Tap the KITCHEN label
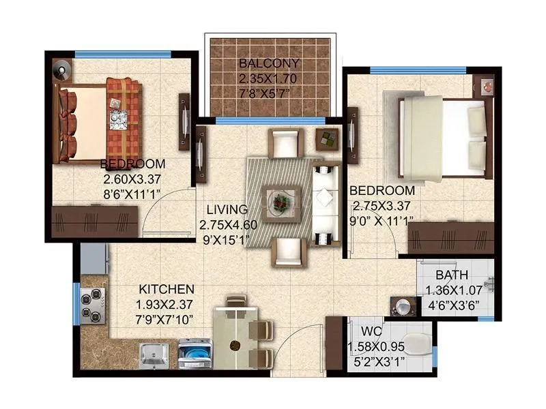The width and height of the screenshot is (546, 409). pyautogui.click(x=167, y=289)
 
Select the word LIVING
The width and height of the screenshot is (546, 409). pyautogui.click(x=218, y=211)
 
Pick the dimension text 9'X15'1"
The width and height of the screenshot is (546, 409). pyautogui.click(x=225, y=239)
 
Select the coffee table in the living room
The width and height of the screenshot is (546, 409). pyautogui.click(x=281, y=202)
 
